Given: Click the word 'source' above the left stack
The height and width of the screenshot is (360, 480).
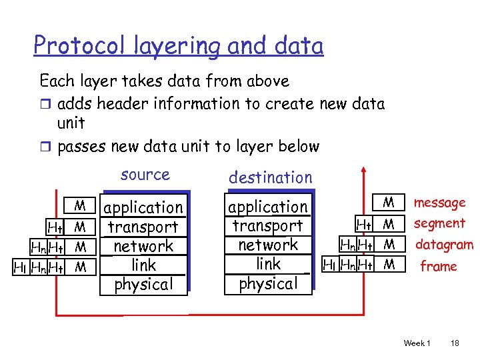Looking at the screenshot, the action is coord(145,175).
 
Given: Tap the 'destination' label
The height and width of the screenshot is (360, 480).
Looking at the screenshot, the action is coord(270,177).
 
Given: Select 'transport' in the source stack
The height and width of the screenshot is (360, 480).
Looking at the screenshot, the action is coord(143,227).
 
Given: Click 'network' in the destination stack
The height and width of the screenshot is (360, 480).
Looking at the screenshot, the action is coord(268,245).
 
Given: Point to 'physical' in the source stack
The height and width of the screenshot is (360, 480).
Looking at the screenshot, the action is coord(143,284).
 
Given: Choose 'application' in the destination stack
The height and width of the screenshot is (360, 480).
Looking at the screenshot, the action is coord(268,207).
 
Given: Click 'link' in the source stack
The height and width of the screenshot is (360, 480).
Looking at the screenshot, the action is coord(143,265).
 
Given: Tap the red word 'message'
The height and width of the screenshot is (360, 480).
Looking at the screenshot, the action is coord(439,203).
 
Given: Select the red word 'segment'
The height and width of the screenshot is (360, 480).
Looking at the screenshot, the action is coord(439,223).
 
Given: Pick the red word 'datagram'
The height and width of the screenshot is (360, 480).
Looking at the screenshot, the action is coord(444,245).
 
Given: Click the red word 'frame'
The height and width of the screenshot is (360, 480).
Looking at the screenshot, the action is coord(438,267).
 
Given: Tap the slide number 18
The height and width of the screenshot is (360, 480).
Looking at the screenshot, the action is coord(455,343).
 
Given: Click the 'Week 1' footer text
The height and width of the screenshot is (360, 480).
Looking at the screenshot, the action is coord(417,343).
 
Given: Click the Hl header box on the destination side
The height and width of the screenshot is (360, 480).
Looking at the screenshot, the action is coord(329,265).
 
